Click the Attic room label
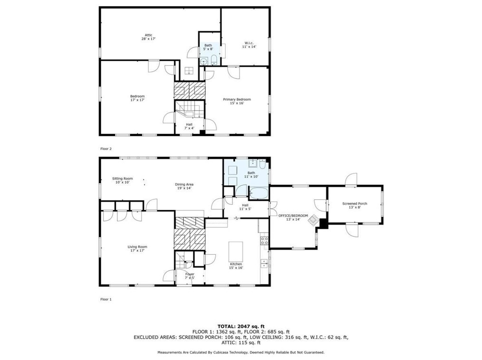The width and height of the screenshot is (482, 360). tap(148, 37)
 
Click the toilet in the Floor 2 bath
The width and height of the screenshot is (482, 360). tap(214, 60)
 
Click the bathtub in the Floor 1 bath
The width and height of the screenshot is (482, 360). tap(260, 193)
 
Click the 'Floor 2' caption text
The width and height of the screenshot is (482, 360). tap(106, 149)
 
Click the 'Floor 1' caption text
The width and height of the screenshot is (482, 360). tap(106, 299)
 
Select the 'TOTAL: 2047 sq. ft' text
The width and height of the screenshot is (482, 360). tap(241, 326)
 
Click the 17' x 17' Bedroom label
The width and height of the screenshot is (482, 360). tap(137, 98)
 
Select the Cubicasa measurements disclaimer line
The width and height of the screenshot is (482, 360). tap(241, 352)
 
